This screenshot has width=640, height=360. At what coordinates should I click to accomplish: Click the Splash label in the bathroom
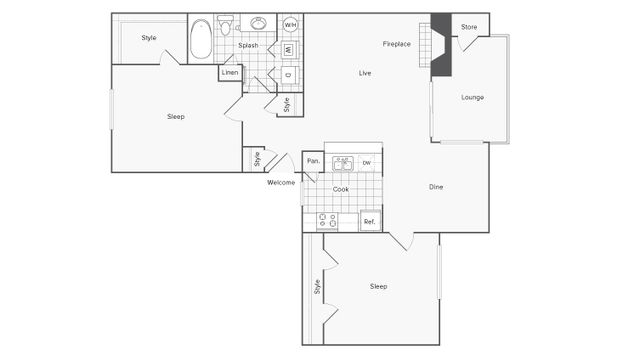(x=248, y=46)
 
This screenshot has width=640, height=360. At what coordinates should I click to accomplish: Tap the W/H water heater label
(x=290, y=24)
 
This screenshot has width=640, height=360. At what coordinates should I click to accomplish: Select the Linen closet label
(x=230, y=73)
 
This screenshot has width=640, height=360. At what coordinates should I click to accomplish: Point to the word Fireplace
(x=397, y=45)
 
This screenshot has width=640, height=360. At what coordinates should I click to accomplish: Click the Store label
(x=468, y=27)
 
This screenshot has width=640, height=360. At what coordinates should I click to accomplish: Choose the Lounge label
(x=472, y=97)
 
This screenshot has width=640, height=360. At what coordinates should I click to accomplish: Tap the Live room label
(x=366, y=73)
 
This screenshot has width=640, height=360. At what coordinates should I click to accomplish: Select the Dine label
(x=436, y=187)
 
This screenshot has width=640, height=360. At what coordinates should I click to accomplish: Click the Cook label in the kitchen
(x=340, y=189)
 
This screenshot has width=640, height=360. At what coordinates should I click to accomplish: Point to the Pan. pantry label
(x=313, y=161)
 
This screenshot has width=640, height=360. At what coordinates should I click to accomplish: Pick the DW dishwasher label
(x=367, y=163)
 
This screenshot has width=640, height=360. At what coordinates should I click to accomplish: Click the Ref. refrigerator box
(x=369, y=221)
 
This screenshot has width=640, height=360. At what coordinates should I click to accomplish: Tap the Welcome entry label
(x=281, y=183)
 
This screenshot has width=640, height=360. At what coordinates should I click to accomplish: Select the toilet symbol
(x=226, y=25)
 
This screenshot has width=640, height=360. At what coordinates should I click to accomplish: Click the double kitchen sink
(x=342, y=163)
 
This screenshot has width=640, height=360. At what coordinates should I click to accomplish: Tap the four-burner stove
(x=327, y=221)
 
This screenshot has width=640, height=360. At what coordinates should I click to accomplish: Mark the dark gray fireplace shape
(x=441, y=47)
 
